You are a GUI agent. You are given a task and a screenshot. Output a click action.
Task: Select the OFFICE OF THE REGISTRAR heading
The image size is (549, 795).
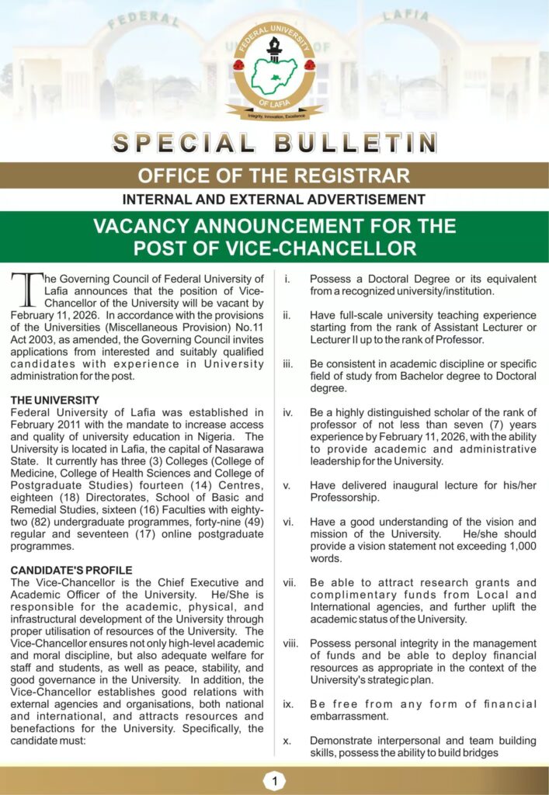pyautogui.click(x=274, y=175)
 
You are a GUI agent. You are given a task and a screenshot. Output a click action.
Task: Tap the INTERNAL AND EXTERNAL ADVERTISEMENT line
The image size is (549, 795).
pyautogui.click(x=274, y=200)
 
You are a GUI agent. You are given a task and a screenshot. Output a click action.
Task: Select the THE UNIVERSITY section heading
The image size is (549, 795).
pyautogui.click(x=54, y=401)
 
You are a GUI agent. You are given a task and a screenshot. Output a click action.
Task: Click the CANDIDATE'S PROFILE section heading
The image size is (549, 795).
pyautogui.click(x=71, y=570)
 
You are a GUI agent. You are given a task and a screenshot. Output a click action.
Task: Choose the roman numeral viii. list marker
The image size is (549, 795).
pyautogui.click(x=290, y=643)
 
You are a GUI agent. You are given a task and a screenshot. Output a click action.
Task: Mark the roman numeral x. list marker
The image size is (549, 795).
pyautogui.click(x=287, y=741)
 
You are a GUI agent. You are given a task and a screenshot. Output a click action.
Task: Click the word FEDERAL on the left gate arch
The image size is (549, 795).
pyautogui.click(x=144, y=20)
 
